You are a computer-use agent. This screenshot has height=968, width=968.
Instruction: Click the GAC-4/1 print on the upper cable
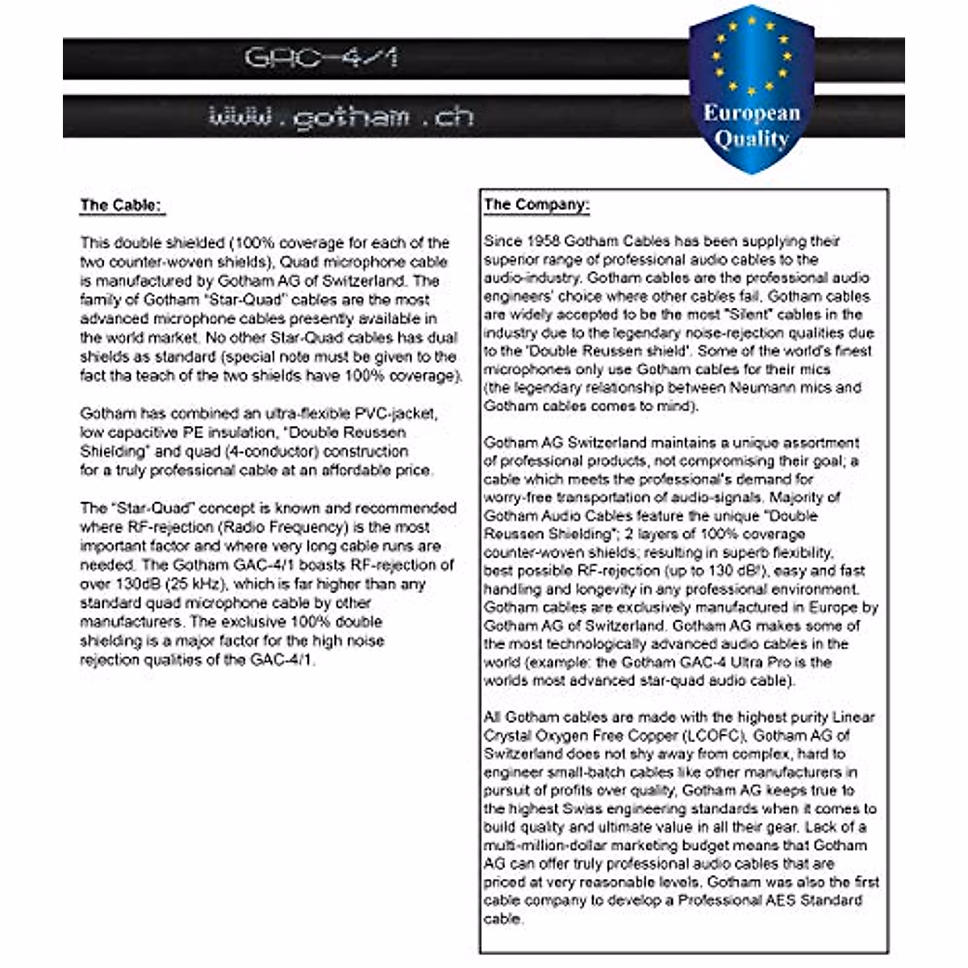pyautogui.click(x=320, y=58)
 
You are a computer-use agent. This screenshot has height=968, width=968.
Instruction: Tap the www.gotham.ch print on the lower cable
pyautogui.click(x=340, y=118)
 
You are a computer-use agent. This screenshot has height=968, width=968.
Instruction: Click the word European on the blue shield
pyautogui.click(x=751, y=113)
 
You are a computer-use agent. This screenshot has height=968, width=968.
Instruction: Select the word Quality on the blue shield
pyautogui.click(x=751, y=139)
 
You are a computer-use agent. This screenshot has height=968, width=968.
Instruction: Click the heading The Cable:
pyautogui.click(x=122, y=205)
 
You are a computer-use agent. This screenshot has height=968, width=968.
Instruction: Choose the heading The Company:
pyautogui.click(x=536, y=204)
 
